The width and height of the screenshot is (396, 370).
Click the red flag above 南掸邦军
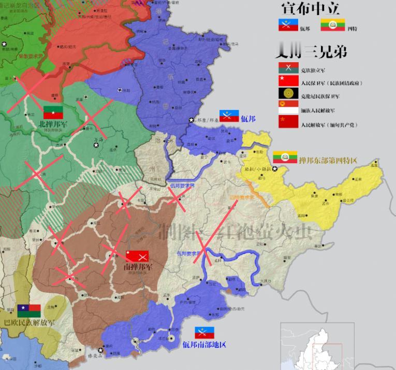(x=137, y=256)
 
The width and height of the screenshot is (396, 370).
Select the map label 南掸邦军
(x=138, y=267)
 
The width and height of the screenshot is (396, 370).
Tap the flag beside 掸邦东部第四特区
(x=284, y=156)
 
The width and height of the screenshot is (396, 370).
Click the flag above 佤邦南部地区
(x=205, y=332)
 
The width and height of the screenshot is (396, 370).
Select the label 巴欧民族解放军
(x=30, y=322)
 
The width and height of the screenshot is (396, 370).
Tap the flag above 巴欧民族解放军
(x=29, y=310)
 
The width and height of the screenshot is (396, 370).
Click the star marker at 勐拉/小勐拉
(x=275, y=169)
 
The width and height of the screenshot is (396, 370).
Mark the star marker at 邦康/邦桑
(x=192, y=119)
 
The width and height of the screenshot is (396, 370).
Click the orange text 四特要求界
(x=241, y=197)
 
